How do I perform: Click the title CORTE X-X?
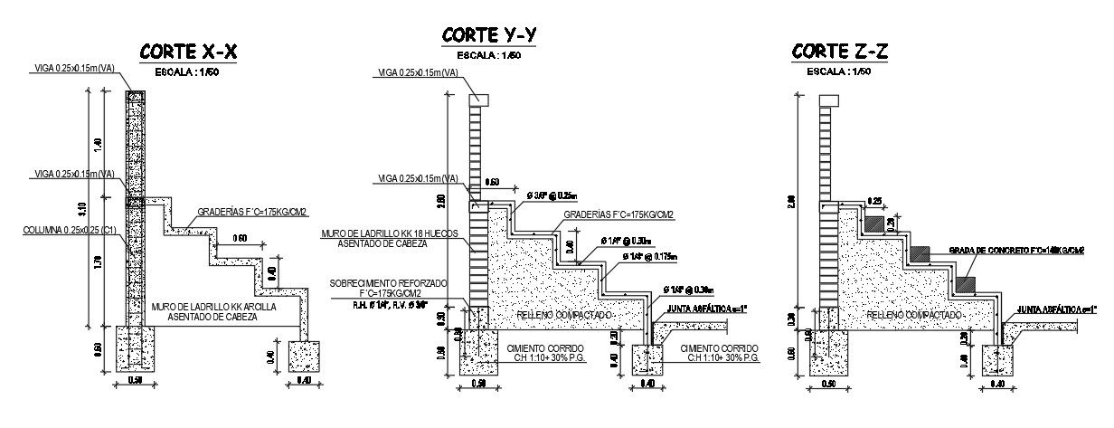click(188, 52)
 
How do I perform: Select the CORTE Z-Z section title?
click(840, 52)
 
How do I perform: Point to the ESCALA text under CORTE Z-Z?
click(840, 71)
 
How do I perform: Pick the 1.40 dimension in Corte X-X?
click(98, 144)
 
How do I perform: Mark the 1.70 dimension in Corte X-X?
click(98, 263)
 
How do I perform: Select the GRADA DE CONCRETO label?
click(1015, 250)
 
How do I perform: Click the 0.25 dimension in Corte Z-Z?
click(873, 201)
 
